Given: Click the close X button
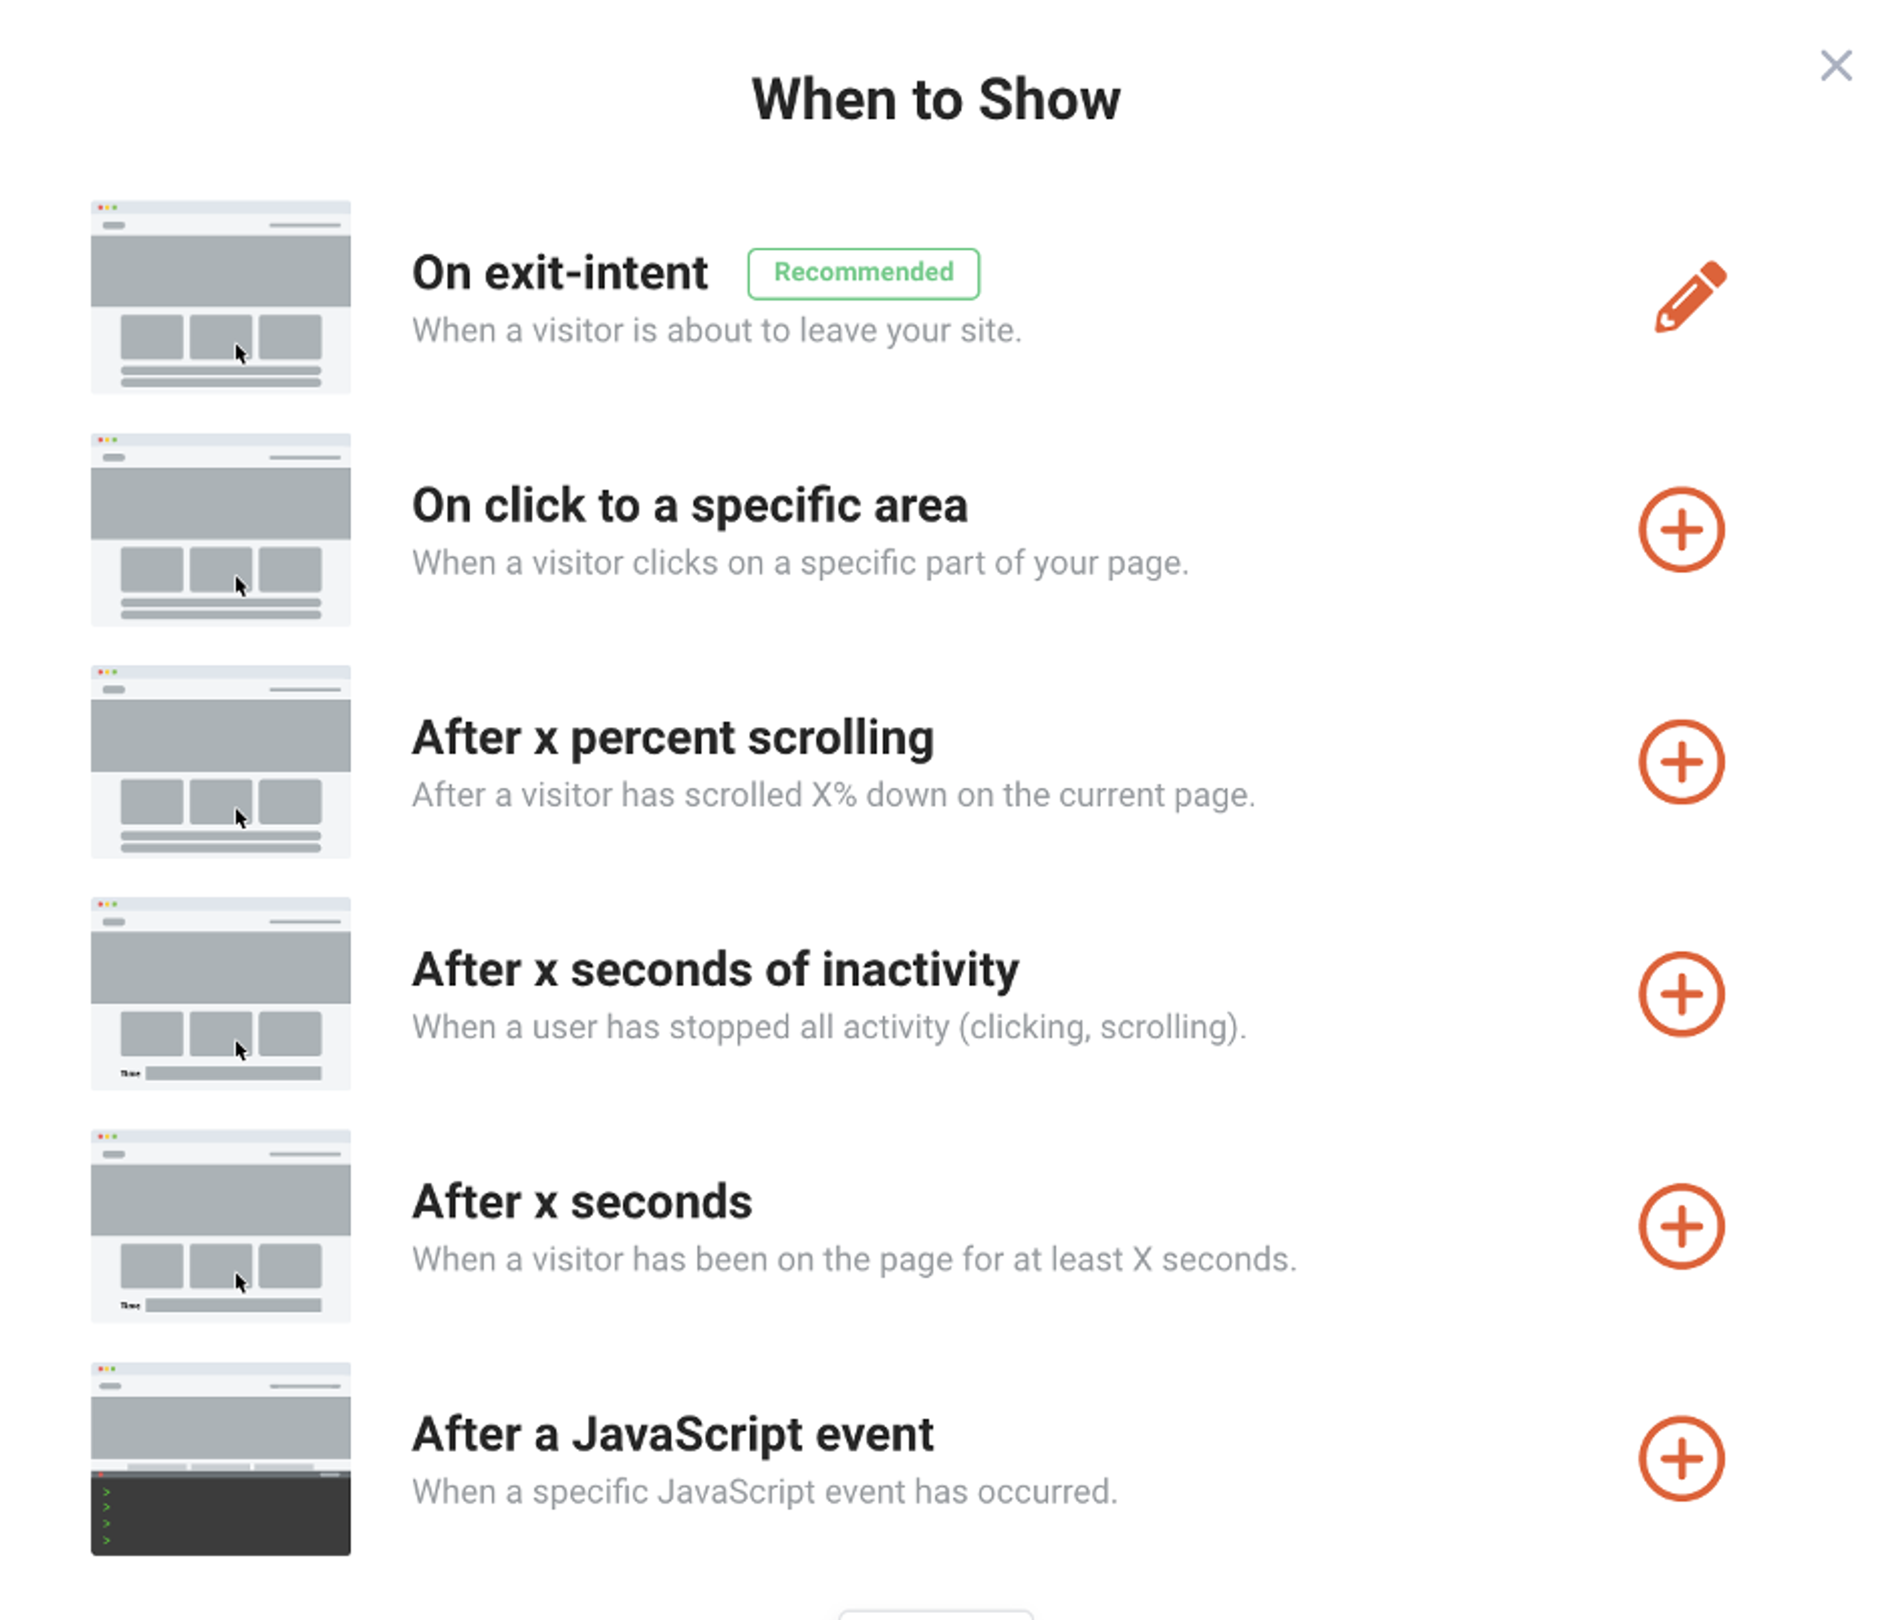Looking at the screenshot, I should coord(1835,65).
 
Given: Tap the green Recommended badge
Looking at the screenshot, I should coord(863,273).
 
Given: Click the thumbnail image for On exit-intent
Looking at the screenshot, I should coord(220,297).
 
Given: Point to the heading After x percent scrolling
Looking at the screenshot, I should coord(673,737).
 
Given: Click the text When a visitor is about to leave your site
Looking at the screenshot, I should coord(717,331).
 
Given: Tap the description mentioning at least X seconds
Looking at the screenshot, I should coord(854,1259).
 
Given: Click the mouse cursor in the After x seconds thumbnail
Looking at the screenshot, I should coord(240,1283).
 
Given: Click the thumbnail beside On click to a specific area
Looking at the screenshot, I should coord(220,530).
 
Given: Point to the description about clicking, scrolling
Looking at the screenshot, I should coord(828,1028).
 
